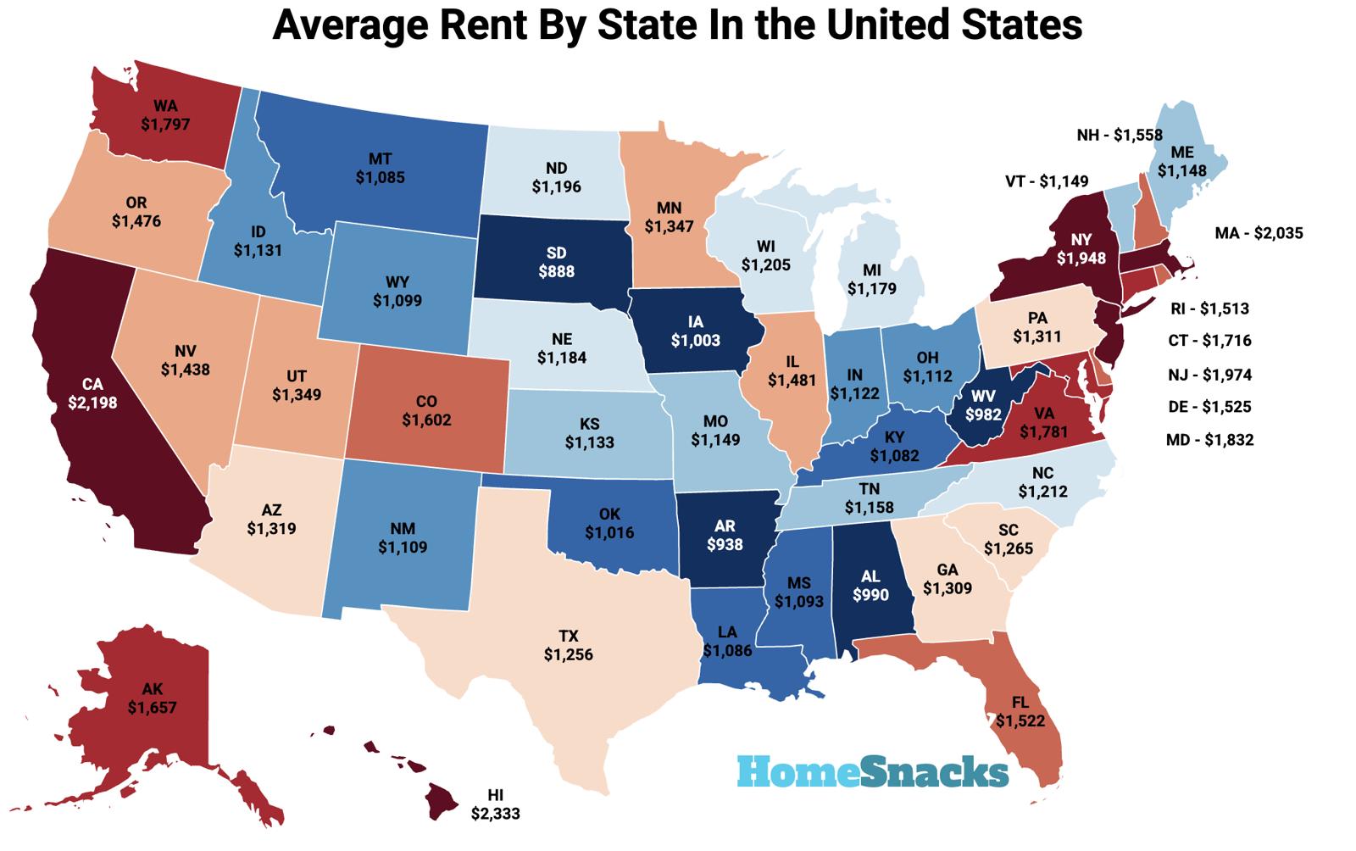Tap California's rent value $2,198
(x=92, y=403)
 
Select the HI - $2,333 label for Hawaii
(x=495, y=804)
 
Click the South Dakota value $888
(x=556, y=272)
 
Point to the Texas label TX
(x=568, y=637)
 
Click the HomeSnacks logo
(x=872, y=771)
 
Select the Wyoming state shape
(x=398, y=280)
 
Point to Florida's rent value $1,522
(x=1020, y=721)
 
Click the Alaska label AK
(x=153, y=688)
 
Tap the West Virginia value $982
(x=983, y=415)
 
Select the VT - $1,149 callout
(x=1047, y=181)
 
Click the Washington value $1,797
(x=165, y=125)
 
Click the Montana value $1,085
(x=380, y=178)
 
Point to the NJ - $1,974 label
(x=1209, y=375)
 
